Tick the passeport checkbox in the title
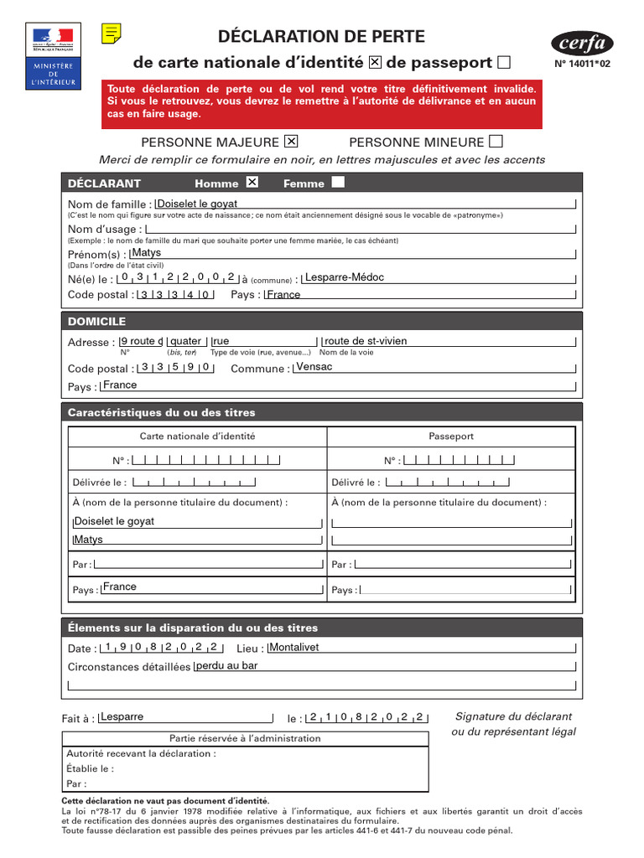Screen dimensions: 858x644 point(503,62)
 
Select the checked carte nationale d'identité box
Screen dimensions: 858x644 point(375,62)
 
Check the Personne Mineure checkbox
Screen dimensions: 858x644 point(496,141)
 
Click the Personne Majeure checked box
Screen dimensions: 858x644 point(291,141)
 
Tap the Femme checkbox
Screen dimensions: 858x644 point(338,183)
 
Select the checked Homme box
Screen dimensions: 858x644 point(252,183)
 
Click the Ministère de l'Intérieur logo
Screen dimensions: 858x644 point(54,56)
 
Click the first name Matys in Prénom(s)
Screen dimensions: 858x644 point(147,252)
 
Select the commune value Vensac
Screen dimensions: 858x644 point(314,367)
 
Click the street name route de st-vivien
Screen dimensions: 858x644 point(366,341)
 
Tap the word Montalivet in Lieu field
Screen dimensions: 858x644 point(295,647)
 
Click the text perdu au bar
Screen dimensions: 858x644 point(226,666)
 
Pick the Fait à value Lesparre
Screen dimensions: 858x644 point(122,717)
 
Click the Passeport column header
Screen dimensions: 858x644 point(451,436)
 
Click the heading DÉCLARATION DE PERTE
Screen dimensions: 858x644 point(321,36)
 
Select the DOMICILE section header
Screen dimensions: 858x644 point(96,321)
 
